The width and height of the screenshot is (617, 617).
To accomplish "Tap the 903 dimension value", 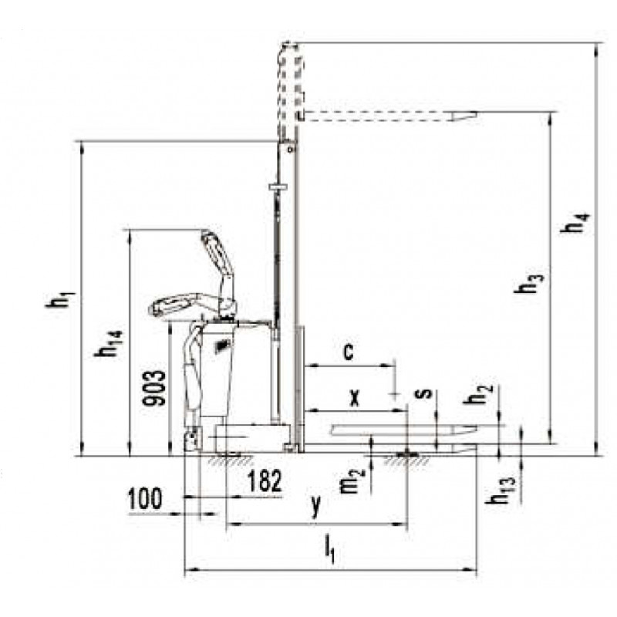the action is pos(154,388).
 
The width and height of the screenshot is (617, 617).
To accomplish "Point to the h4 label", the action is pos(575,223).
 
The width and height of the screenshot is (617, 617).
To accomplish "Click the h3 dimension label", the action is pos(529,283).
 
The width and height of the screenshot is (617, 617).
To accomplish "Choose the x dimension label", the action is pos(355,398).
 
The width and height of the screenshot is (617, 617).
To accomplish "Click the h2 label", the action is pos(477,394).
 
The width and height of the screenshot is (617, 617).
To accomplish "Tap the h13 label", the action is pos(500,491).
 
